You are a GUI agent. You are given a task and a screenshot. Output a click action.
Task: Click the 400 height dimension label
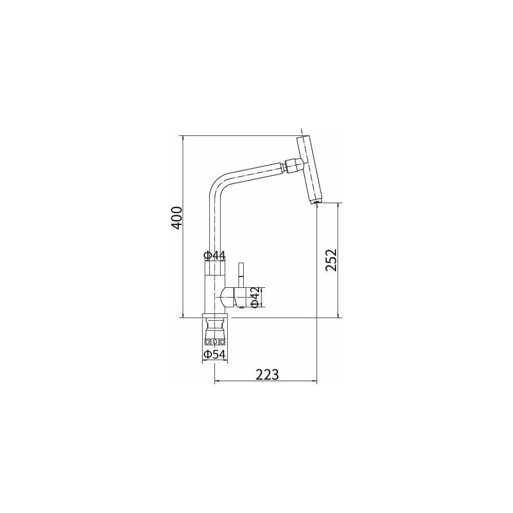pos(176,218)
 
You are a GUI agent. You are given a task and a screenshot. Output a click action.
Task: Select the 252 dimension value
pos(331,260)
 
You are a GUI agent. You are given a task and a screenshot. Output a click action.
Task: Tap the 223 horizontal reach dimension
pos(267,374)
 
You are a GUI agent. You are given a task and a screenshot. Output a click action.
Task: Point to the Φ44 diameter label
pos(214,255)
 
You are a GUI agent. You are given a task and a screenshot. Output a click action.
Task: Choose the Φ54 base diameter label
pos(215,354)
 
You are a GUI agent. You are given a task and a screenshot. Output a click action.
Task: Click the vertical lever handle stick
pos(242,275)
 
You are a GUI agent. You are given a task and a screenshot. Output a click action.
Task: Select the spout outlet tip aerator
pos(315,202)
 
